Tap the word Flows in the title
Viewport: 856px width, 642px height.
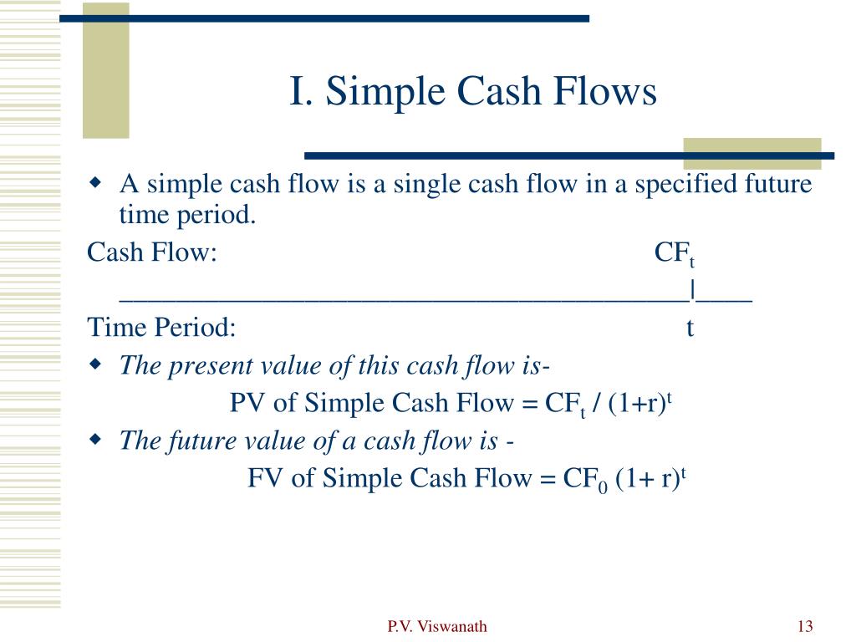(604, 90)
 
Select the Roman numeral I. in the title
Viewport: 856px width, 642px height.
(301, 90)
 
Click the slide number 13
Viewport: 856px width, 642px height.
(805, 625)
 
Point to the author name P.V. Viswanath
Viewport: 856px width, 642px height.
(436, 626)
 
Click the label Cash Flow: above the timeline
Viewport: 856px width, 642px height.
(152, 252)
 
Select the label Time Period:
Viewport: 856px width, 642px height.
(161, 328)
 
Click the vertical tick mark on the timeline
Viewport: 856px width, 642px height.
(692, 290)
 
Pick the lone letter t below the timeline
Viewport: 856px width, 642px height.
(690, 328)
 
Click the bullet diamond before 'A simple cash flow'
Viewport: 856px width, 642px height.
(95, 181)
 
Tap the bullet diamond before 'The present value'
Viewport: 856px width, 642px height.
(95, 364)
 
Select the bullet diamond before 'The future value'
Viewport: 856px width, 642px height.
(95, 438)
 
